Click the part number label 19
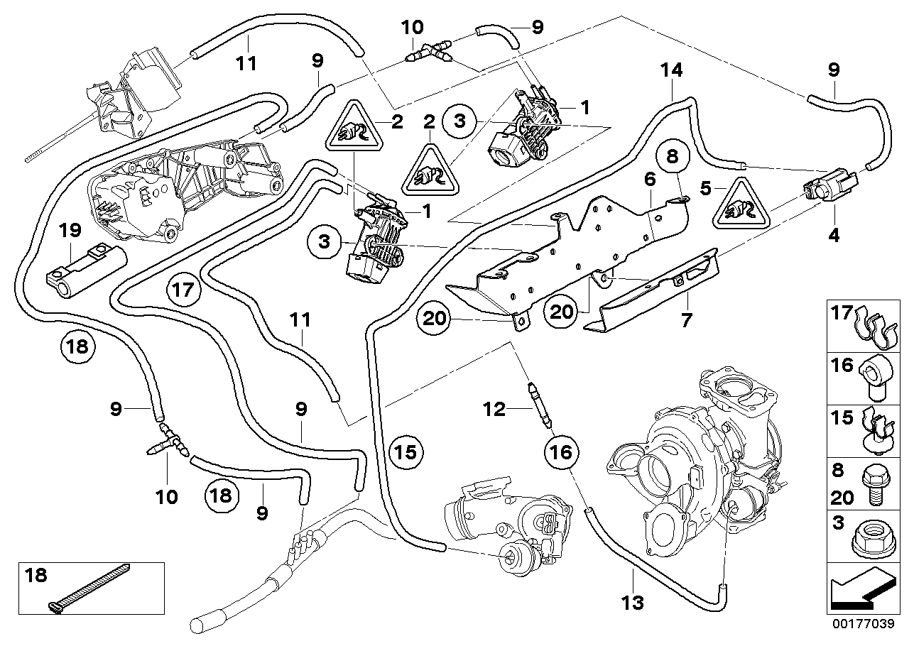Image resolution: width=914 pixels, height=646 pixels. coord(71,230)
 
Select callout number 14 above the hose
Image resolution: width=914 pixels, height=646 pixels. coord(671,70)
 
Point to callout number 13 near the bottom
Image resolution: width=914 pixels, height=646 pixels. coord(632,603)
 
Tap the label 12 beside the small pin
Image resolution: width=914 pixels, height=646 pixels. coord(494,409)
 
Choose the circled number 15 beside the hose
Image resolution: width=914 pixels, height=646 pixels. coord(406,451)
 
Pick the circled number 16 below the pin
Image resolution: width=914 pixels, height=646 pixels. coord(560,451)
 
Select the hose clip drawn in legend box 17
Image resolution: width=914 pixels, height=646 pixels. coord(875,326)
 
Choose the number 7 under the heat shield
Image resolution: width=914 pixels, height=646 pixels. coord(687,321)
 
